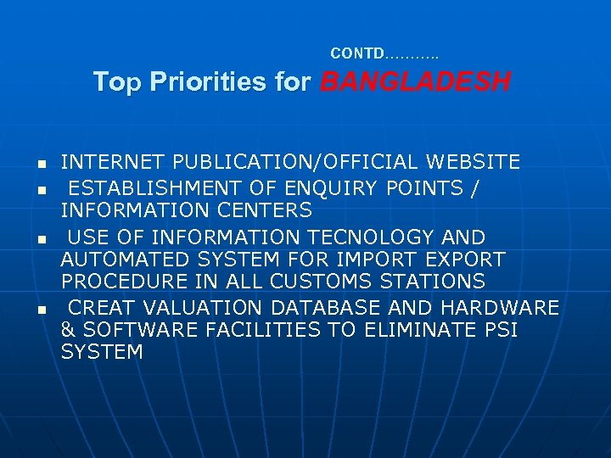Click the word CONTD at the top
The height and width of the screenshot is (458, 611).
click(357, 53)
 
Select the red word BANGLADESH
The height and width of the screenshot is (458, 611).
click(416, 82)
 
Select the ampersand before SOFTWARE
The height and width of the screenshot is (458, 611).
click(67, 328)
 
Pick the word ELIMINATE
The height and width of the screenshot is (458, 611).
click(411, 328)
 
